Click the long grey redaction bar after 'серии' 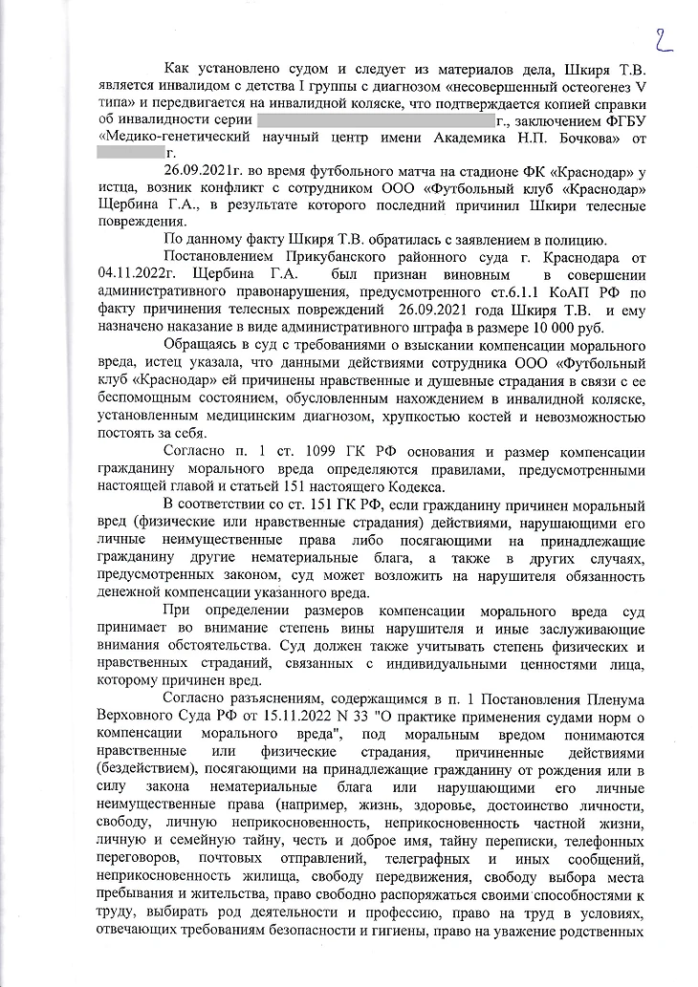pos(375,121)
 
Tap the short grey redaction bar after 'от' pos(132,154)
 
